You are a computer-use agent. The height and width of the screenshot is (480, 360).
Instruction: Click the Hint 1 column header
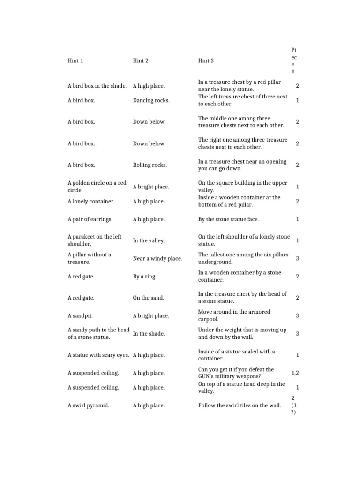click(x=75, y=60)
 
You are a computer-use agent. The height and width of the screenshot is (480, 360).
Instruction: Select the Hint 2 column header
click(x=141, y=60)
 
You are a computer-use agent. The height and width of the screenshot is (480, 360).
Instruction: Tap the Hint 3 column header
click(x=206, y=60)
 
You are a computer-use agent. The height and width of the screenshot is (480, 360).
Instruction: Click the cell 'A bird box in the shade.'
click(x=97, y=86)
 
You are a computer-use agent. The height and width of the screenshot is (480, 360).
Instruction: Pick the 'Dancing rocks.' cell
click(x=151, y=100)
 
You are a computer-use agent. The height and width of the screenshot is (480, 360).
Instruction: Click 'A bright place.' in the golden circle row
click(x=150, y=187)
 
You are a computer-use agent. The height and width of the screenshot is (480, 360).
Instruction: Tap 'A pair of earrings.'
click(x=90, y=219)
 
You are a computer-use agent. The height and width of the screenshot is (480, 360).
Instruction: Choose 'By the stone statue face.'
click(x=228, y=219)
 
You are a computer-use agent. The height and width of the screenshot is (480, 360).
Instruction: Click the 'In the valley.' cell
click(x=149, y=240)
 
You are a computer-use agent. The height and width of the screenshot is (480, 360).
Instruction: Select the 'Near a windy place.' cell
click(x=157, y=258)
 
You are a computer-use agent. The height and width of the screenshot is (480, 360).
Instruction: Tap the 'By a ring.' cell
click(x=144, y=277)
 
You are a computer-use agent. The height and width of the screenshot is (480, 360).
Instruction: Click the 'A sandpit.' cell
click(x=80, y=315)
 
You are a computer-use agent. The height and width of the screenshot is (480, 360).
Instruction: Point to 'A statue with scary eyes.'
click(x=98, y=355)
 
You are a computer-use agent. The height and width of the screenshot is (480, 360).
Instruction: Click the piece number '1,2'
click(x=295, y=373)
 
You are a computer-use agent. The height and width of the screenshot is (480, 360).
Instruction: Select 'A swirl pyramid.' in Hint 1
click(x=88, y=405)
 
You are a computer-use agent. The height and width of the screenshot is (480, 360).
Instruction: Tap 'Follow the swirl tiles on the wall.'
click(x=240, y=405)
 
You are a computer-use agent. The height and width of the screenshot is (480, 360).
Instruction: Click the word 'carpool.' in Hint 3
click(x=209, y=319)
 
